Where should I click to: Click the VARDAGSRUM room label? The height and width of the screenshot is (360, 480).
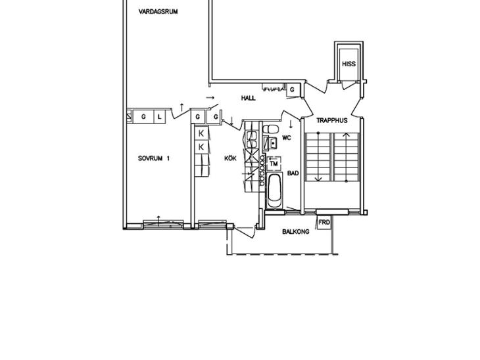158,12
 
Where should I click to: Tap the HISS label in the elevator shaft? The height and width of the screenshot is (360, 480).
348,64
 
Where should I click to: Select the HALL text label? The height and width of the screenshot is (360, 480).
249,98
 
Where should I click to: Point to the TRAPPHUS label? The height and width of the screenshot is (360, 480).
332,120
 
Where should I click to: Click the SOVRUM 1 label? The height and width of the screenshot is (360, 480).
154,158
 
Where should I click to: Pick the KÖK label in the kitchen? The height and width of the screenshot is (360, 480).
230,158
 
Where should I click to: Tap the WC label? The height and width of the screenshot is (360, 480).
287,138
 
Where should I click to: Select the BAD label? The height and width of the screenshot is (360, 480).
293,173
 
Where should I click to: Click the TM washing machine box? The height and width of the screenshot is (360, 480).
274,164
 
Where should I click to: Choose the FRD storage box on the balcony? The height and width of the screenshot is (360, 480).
324,222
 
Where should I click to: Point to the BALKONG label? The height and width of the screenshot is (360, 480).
295,231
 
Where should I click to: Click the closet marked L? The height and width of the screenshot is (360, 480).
159,116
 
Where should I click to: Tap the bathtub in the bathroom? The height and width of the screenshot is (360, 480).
274,191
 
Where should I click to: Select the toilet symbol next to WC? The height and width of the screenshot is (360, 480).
270,129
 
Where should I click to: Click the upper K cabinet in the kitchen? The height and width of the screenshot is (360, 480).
201,133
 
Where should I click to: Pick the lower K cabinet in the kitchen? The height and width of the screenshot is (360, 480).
201,147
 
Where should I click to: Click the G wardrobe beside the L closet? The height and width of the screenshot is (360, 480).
143,116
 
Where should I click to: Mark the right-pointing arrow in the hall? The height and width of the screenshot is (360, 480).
210,98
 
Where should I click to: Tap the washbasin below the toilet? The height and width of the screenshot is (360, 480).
271,143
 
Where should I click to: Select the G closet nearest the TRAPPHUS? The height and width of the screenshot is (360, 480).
292,90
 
